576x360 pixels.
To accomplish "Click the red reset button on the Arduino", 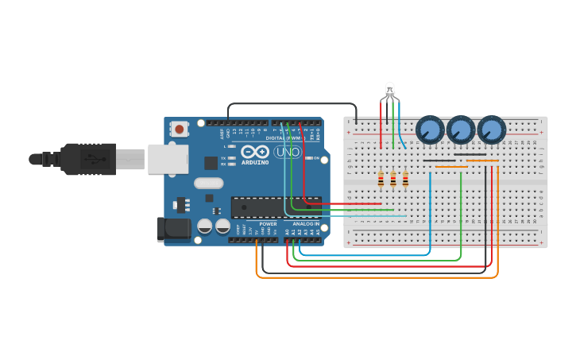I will pyautogui.click(x=180, y=129).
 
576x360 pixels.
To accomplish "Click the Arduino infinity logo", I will pyautogui.click(x=255, y=151).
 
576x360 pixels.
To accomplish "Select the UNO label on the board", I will pyautogui.click(x=287, y=151).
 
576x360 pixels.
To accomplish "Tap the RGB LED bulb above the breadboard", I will pyautogui.click(x=389, y=89).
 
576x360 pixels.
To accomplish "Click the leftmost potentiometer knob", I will pyautogui.click(x=430, y=129).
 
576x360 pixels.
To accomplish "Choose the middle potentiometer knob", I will pyautogui.click(x=460, y=129).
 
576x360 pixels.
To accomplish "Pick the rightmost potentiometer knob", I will pyautogui.click(x=491, y=129).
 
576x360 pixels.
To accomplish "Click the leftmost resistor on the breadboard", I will pyautogui.click(x=381, y=180).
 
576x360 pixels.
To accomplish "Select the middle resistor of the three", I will pyautogui.click(x=392, y=180).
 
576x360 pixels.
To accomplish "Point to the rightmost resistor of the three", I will pyautogui.click(x=405, y=180).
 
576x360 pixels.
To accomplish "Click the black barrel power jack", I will pyautogui.click(x=174, y=229).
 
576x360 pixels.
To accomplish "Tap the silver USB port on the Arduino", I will pyautogui.click(x=167, y=159).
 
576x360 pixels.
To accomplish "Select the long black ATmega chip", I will pyautogui.click(x=275, y=207).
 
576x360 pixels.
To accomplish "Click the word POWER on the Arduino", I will pyautogui.click(x=268, y=224).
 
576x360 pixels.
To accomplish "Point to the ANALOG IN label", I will pyautogui.click(x=305, y=224).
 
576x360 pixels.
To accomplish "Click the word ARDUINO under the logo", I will pyautogui.click(x=256, y=162).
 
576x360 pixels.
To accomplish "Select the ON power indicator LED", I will pyautogui.click(x=309, y=158).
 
